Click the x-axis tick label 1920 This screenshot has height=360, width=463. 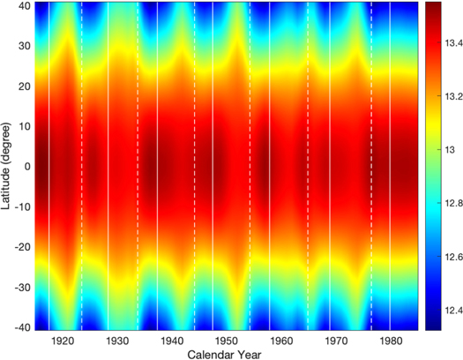click(63, 340)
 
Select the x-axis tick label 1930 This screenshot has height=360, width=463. click(117, 340)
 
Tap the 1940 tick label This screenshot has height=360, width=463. click(172, 340)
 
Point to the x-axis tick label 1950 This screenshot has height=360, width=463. click(227, 340)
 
